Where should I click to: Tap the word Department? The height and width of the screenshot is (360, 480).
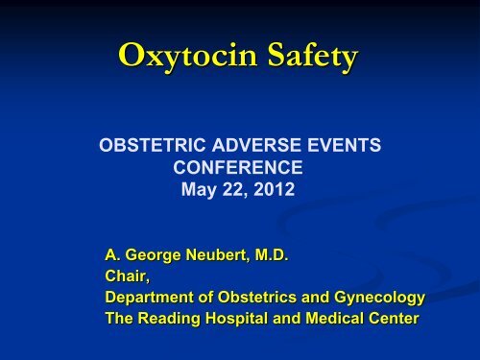pyautogui.click(x=149, y=297)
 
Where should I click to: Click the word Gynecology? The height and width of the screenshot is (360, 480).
pyautogui.click(x=375, y=297)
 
